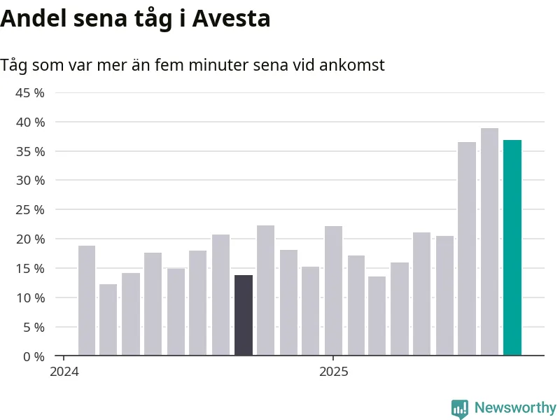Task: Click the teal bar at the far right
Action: click(512, 248)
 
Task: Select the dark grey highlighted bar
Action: click(244, 315)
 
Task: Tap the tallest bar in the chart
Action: click(489, 241)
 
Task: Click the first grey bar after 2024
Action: click(87, 300)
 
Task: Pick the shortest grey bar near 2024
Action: click(108, 319)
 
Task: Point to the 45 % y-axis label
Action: click(30, 93)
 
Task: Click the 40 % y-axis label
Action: click(30, 122)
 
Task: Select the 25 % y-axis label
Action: click(30, 210)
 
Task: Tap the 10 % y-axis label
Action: click(30, 298)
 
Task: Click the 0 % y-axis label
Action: click(33, 356)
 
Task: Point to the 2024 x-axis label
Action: click(64, 372)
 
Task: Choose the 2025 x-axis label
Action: click(332, 372)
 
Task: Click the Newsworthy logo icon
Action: click(460, 408)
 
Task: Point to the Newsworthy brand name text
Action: click(515, 407)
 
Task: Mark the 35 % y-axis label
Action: click(30, 152)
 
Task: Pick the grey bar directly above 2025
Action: click(333, 290)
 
